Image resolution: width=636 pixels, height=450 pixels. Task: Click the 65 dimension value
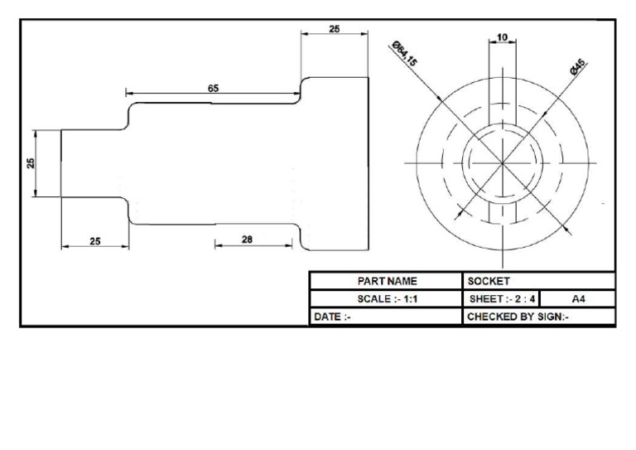214,86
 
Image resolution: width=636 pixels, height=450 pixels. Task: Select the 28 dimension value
247,239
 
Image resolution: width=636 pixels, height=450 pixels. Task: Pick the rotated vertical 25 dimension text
31,163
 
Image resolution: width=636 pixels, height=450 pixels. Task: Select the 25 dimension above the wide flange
335,29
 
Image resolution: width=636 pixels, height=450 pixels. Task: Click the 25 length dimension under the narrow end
95,241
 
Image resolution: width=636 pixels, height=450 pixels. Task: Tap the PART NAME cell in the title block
387,281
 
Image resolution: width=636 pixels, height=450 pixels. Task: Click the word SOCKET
489,281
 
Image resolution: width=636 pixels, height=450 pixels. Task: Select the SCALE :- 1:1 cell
387,298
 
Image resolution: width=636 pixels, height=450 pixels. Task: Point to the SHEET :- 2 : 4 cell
500,298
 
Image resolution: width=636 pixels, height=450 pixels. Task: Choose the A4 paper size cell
578,298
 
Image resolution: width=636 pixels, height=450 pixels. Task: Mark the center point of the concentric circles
503,163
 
